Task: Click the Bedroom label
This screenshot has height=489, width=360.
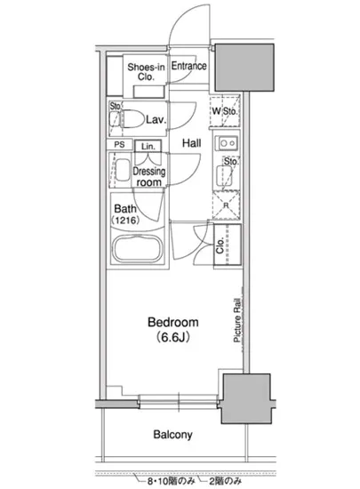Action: click(173, 322)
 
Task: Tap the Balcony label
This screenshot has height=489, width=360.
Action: click(172, 435)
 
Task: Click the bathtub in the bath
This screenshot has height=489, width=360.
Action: click(138, 250)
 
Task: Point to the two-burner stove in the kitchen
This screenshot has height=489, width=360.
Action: click(228, 143)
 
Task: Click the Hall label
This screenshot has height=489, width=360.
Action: click(191, 143)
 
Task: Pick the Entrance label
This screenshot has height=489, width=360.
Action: click(188, 66)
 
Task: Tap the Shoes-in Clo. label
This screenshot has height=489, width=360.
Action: click(146, 72)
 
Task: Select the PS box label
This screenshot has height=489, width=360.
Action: click(119, 145)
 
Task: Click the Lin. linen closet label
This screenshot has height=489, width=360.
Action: click(148, 147)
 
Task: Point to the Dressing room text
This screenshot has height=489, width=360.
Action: click(149, 177)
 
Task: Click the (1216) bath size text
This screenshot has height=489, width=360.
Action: click(125, 220)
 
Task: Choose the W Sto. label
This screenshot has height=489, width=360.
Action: click(224, 111)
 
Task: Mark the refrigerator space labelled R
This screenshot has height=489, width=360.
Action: click(227, 205)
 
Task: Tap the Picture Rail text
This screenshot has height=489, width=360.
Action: click(237, 320)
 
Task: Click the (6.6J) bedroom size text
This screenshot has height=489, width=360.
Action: click(173, 337)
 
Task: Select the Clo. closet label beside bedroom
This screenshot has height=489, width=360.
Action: click(220, 245)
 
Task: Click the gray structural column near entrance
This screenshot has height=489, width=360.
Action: click(244, 68)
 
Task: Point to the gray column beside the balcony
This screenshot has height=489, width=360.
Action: click(245, 398)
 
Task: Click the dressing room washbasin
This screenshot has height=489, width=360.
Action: click(123, 170)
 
